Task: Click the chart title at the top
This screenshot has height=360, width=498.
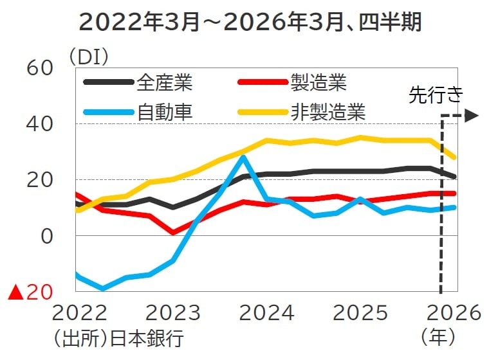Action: coord(250,22)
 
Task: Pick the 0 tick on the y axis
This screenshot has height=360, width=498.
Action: coord(47,236)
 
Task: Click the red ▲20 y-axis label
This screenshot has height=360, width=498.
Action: coord(30,292)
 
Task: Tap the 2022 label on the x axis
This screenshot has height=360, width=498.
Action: coord(79,313)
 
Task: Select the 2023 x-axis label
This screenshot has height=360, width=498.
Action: coord(172,313)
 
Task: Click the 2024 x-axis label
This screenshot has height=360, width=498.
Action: coord(266,313)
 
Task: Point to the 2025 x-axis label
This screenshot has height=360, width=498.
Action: coord(359,313)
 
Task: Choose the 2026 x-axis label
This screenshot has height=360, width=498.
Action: coord(453,313)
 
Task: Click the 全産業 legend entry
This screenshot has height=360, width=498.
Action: coord(165,83)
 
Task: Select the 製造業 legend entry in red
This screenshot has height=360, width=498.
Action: coord(318,83)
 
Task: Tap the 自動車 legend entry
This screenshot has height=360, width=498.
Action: coord(165,112)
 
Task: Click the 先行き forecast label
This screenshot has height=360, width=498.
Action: coord(436,96)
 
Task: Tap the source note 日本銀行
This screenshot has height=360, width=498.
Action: coord(147,337)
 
